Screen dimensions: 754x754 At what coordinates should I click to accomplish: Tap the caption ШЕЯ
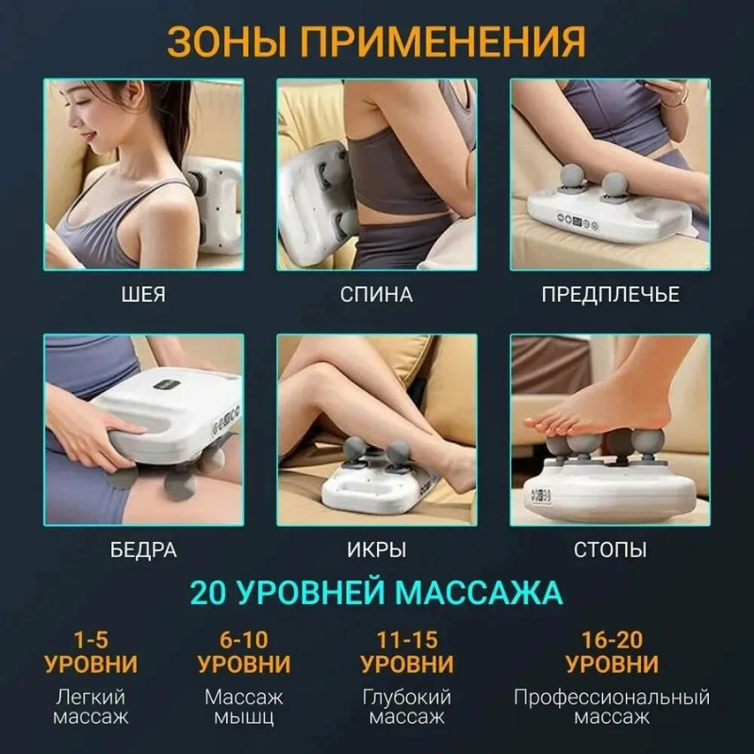click(x=143, y=294)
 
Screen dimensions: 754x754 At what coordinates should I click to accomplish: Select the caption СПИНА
click(x=376, y=294)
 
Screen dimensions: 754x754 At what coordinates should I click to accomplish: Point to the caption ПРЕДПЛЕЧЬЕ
click(x=610, y=294)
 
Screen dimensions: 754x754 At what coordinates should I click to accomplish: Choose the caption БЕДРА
click(x=143, y=549)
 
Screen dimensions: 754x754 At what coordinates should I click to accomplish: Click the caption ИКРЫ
click(x=376, y=549)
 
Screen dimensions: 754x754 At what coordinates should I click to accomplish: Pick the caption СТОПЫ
click(x=610, y=549)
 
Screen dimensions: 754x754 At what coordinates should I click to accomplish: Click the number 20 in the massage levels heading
click(x=208, y=593)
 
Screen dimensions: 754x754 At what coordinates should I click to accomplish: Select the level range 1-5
click(x=90, y=640)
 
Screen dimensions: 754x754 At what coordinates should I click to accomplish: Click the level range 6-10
click(x=244, y=640)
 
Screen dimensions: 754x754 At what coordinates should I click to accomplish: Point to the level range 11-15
click(x=407, y=640)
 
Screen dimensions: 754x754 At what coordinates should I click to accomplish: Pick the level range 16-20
click(x=612, y=640)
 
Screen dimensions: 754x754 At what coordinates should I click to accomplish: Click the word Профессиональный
click(x=612, y=697)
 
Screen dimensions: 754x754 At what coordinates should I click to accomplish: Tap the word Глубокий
click(x=407, y=697)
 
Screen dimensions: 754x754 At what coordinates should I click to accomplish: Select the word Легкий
click(x=90, y=697)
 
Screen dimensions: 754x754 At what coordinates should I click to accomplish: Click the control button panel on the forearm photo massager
click(x=577, y=221)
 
